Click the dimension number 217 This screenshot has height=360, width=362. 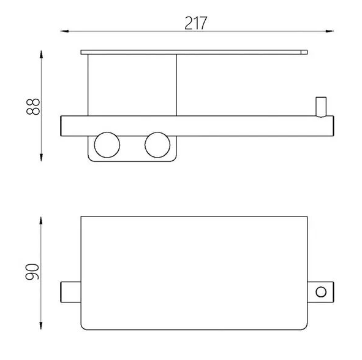pos(195,23)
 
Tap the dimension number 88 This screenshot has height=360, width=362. pos(33,107)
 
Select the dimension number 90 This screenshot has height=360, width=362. pos(32,272)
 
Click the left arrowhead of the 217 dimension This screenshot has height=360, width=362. pos(65,31)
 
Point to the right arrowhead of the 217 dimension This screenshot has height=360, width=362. pos(330,31)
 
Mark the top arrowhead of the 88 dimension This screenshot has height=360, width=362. pos(41,55)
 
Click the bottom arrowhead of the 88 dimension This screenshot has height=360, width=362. pos(41,157)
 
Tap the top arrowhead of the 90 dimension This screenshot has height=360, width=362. pos(41,221)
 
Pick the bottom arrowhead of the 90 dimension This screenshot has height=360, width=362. pos(41,325)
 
